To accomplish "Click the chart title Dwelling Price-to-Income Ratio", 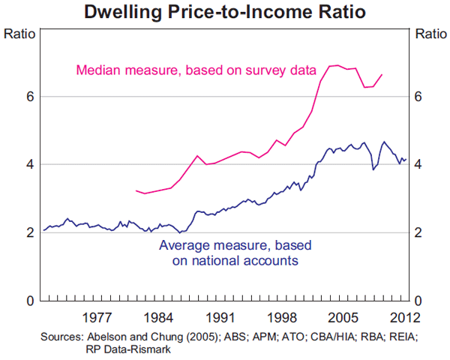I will [x=225, y=12].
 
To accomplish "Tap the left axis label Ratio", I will [x=19, y=34].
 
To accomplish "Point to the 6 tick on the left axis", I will [x=29, y=96].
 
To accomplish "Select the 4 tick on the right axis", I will [x=418, y=164].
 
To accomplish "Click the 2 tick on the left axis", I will [x=29, y=232].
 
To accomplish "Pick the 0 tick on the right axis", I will [x=418, y=301].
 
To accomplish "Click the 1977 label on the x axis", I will [x=97, y=315].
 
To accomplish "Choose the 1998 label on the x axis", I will [x=281, y=315].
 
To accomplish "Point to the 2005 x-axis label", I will [x=343, y=315].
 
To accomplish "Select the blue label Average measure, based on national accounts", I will [x=235, y=253].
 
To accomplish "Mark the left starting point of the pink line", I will [x=136, y=190].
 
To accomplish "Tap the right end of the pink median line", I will [x=382, y=74].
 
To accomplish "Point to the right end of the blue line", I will [x=406, y=160].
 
